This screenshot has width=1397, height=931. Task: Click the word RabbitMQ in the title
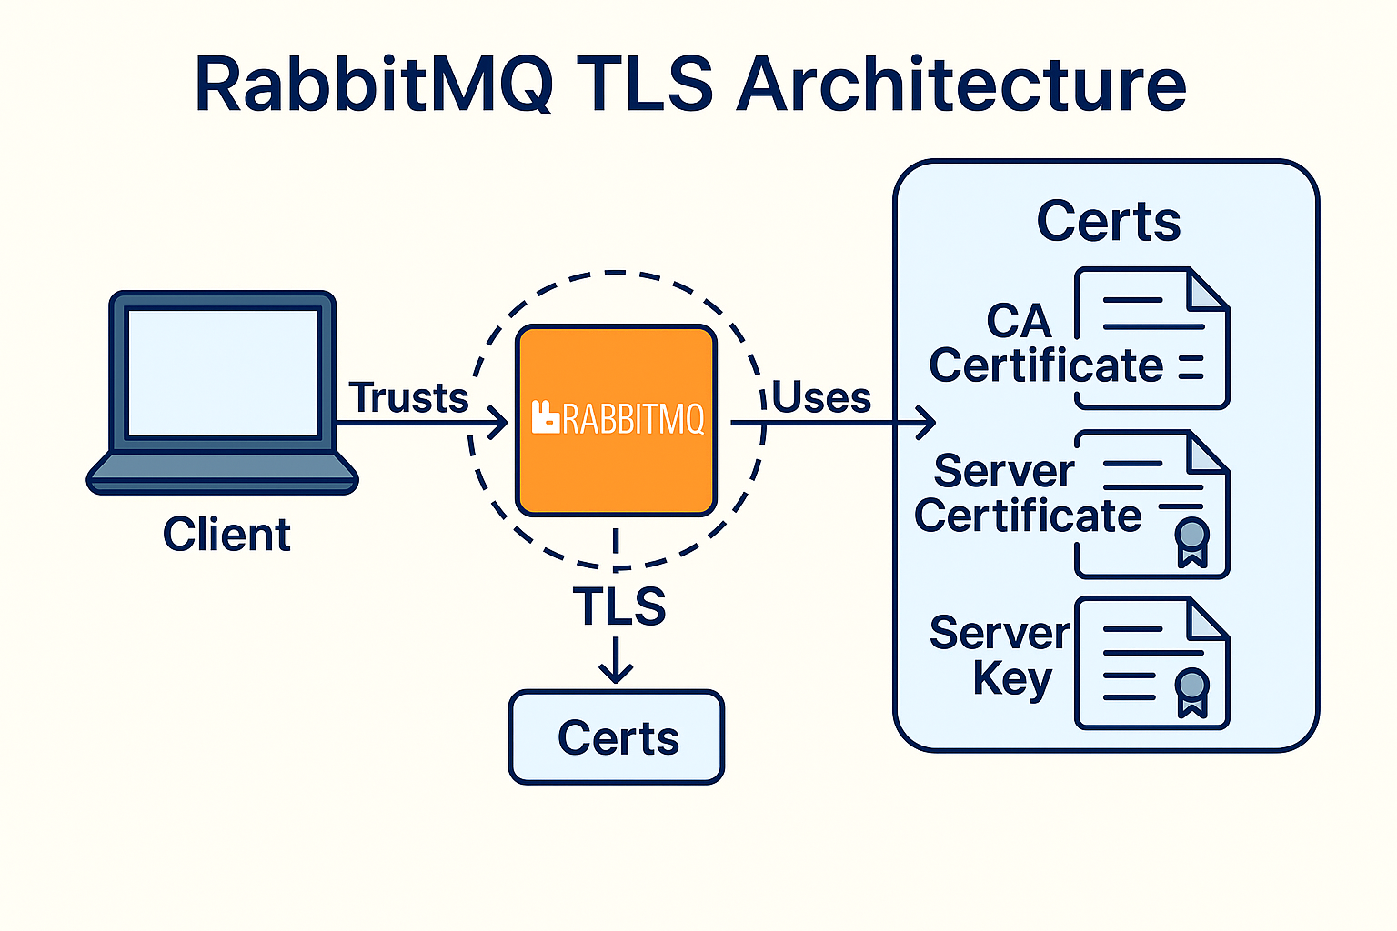pyautogui.click(x=374, y=85)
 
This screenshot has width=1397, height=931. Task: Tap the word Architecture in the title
pyautogui.click(x=961, y=85)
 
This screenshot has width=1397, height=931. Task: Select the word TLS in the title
pyautogui.click(x=645, y=85)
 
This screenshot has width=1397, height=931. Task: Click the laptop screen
pyautogui.click(x=223, y=373)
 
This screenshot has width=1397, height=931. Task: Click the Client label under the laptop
pyautogui.click(x=226, y=535)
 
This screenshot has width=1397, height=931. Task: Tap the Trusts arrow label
pyautogui.click(x=409, y=397)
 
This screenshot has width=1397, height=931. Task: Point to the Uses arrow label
pyautogui.click(x=822, y=397)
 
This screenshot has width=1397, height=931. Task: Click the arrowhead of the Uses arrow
pyautogui.click(x=927, y=422)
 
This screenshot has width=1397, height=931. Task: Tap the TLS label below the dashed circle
pyautogui.click(x=618, y=606)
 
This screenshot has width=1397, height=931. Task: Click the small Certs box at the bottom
pyautogui.click(x=617, y=737)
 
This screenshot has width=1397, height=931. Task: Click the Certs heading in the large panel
pyautogui.click(x=1109, y=221)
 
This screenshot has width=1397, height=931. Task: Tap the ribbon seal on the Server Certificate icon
pyautogui.click(x=1192, y=542)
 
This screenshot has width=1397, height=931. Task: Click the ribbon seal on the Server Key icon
pyautogui.click(x=1192, y=692)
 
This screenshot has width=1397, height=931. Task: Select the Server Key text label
pyautogui.click(x=1000, y=655)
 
